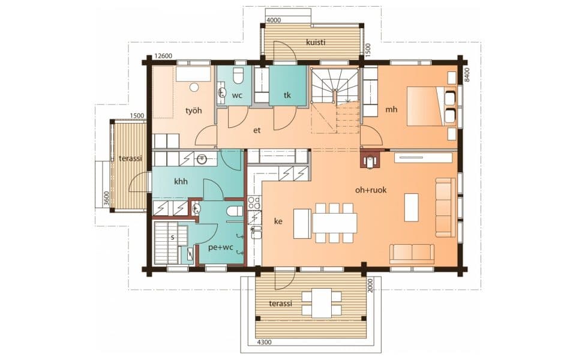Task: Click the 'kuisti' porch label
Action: [316, 42]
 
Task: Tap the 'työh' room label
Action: [194, 110]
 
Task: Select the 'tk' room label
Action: [287, 95]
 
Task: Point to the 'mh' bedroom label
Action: [391, 109]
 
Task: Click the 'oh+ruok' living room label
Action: [371, 190]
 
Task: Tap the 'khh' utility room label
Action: [181, 181]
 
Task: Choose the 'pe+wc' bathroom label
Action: [221, 247]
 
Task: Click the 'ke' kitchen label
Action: [278, 221]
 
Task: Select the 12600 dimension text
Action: [163, 56]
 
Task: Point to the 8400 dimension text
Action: [467, 75]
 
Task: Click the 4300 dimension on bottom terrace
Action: [264, 343]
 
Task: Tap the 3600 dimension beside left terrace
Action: [106, 199]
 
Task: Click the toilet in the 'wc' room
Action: [238, 76]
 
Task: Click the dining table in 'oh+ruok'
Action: [334, 223]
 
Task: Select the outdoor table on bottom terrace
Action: [322, 303]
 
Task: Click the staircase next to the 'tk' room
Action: [335, 100]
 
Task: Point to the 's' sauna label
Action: [172, 238]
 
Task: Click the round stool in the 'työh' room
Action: [194, 88]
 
